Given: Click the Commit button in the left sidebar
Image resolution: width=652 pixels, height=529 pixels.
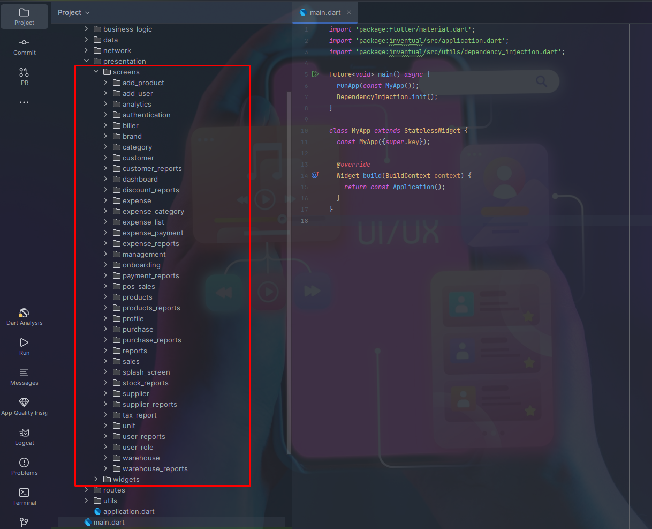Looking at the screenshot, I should tap(25, 47).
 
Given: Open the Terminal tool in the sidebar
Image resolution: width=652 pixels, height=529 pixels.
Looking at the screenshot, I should tap(24, 496).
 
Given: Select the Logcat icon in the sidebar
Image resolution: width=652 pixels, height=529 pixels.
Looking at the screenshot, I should tap(24, 436).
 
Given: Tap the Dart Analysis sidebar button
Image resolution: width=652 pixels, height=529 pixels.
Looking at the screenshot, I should tap(24, 316).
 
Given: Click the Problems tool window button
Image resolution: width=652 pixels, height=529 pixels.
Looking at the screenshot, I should tap(24, 466).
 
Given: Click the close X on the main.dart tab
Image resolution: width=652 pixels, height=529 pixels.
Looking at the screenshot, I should tap(349, 12).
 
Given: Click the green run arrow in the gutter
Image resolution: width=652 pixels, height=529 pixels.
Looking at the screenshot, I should tap(315, 74).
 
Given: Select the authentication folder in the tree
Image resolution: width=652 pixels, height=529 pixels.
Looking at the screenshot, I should tap(146, 115).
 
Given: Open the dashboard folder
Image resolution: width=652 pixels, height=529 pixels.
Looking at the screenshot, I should tap(140, 179).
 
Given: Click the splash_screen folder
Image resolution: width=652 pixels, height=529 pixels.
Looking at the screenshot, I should tap(146, 372).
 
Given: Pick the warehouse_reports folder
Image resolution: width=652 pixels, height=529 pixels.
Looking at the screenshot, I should tap(155, 468).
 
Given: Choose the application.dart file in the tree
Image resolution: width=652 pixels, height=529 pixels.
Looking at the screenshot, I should tap(128, 511).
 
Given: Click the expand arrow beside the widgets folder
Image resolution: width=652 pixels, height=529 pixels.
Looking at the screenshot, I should tap(96, 479).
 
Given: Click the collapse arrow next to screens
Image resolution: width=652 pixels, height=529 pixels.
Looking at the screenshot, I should tap(96, 72).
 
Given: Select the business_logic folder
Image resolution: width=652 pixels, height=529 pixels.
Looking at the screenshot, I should tap(127, 29).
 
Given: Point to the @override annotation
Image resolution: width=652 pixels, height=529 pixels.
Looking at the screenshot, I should tap(353, 165).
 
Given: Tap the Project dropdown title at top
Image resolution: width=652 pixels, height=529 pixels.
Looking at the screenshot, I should tap(73, 12).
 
